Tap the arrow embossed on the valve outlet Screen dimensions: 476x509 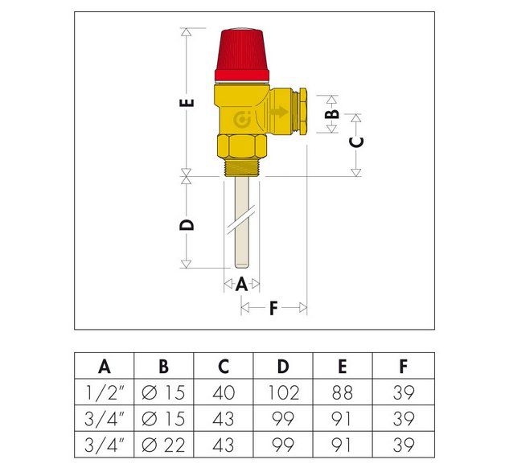279,113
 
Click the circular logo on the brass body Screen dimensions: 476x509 241,121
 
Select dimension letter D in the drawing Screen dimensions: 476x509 187,224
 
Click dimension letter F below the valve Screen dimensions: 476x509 273,308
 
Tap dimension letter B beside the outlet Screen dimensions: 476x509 331,113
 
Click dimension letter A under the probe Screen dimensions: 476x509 241,284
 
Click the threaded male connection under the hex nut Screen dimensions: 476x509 241,167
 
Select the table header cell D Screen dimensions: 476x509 283,367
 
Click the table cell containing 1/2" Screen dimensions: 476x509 105,393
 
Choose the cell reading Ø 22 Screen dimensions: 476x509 163,445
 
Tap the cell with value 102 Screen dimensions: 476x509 283,393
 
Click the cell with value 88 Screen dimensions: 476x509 343,393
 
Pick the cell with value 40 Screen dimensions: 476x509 224,393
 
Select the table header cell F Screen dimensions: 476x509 403,367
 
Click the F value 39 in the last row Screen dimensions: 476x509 403,445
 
